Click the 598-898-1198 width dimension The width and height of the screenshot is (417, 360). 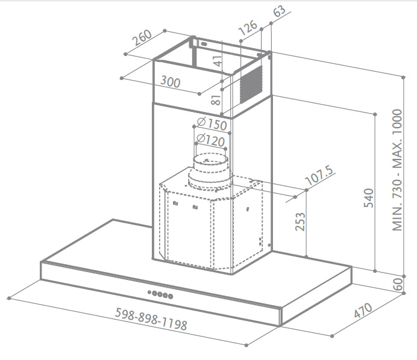pyautogui.click(x=151, y=319)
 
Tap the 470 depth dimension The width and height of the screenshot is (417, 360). pyautogui.click(x=363, y=310)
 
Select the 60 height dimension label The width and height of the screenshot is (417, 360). pyautogui.click(x=398, y=284)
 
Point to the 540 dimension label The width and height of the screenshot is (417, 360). pyautogui.click(x=369, y=198)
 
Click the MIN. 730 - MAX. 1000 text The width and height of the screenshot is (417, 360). pyautogui.click(x=397, y=170)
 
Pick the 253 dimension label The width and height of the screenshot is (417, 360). pyautogui.click(x=301, y=222)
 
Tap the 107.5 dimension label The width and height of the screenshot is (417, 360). pyautogui.click(x=319, y=176)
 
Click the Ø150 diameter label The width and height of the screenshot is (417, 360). pyautogui.click(x=212, y=123)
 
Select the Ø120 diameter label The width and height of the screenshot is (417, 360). pyautogui.click(x=211, y=140)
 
